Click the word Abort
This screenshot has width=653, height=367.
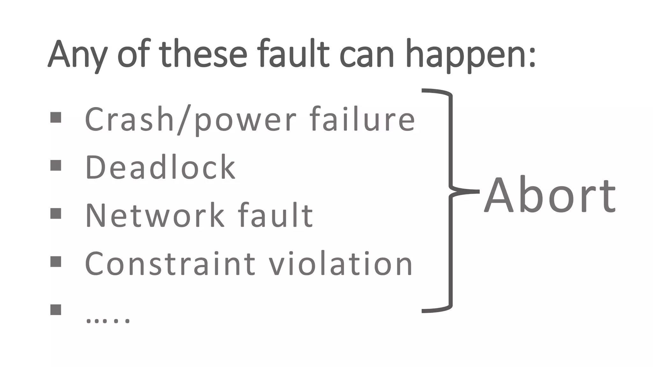[x=550, y=195]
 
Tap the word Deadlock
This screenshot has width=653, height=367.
[x=160, y=167]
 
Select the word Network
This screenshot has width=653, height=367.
[x=155, y=216]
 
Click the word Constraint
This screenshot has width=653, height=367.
[x=170, y=264]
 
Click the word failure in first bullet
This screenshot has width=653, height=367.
[x=362, y=119]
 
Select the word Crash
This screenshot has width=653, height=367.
[x=129, y=119]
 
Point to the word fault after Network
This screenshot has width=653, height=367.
[x=275, y=216]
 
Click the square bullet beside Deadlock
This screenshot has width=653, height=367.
[x=56, y=165]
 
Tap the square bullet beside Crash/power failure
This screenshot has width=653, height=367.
[x=56, y=117]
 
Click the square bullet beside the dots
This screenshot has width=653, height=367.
[x=56, y=309]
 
